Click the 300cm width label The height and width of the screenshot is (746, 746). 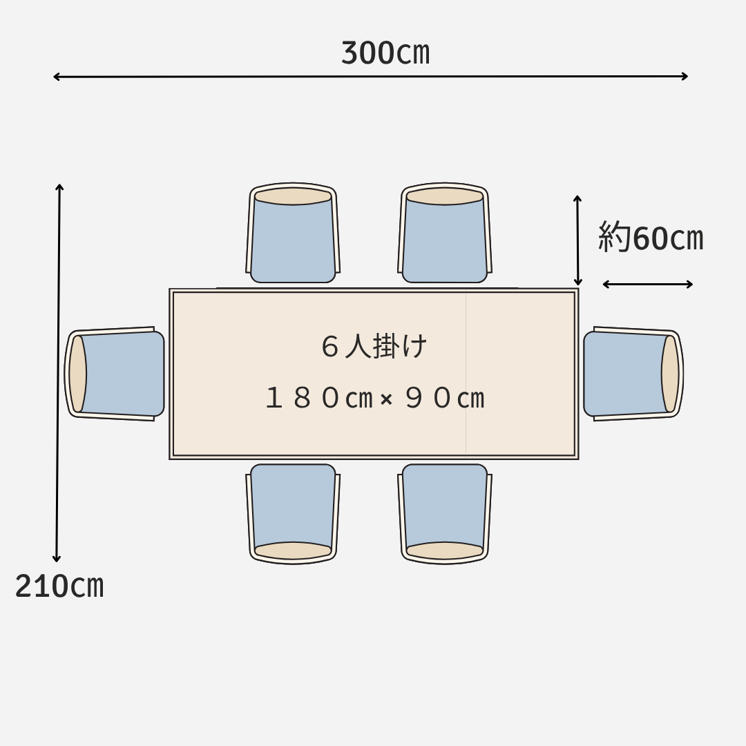click(x=385, y=53)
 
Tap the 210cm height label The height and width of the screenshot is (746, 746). click(x=59, y=586)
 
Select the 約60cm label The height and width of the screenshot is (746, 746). click(x=650, y=238)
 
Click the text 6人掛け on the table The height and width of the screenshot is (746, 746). click(x=374, y=346)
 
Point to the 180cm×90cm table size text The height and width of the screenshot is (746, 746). click(x=374, y=399)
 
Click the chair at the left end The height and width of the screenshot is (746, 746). click(x=116, y=374)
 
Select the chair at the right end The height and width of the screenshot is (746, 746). click(x=632, y=374)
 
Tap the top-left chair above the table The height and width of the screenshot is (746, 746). click(x=293, y=235)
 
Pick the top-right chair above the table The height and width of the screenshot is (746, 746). click(x=445, y=235)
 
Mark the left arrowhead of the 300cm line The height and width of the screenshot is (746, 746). click(x=56, y=77)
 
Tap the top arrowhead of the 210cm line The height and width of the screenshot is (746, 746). click(x=59, y=186)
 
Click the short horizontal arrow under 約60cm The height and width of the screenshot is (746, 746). click(x=647, y=284)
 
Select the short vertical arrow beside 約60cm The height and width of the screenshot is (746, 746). click(x=577, y=240)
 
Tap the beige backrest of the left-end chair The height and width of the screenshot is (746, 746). click(x=77, y=374)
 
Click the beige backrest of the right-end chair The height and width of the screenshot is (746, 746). click(x=670, y=374)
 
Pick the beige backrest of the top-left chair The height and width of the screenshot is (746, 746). click(x=293, y=196)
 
